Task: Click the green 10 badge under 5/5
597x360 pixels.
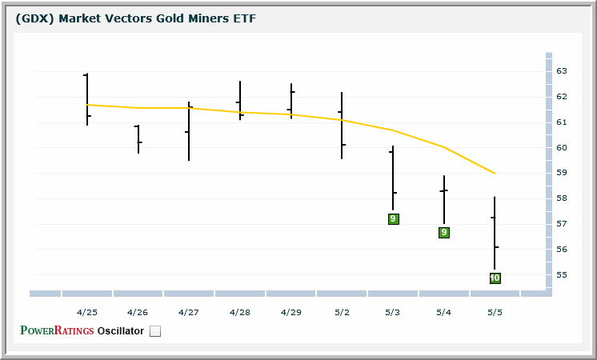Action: (495, 278)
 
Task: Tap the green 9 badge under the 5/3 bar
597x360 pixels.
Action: (393, 219)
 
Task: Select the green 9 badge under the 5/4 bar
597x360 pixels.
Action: (444, 233)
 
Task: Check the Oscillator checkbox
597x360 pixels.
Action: (155, 331)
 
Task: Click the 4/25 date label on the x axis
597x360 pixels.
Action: (87, 311)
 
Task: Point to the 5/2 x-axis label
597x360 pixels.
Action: (342, 311)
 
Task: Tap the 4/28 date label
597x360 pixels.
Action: (240, 311)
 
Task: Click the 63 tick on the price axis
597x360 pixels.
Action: (561, 71)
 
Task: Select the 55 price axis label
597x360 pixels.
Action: (561, 275)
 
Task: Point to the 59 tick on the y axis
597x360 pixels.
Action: (561, 173)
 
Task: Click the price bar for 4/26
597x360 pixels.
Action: (138, 138)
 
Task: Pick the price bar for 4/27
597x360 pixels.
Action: (189, 131)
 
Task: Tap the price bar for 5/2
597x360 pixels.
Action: (342, 126)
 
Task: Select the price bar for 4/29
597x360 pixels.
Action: (291, 101)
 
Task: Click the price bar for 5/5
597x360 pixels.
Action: (495, 233)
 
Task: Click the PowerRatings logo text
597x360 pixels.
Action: (57, 330)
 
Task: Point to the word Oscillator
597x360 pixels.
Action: (121, 330)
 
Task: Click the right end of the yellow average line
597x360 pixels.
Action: (495, 173)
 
